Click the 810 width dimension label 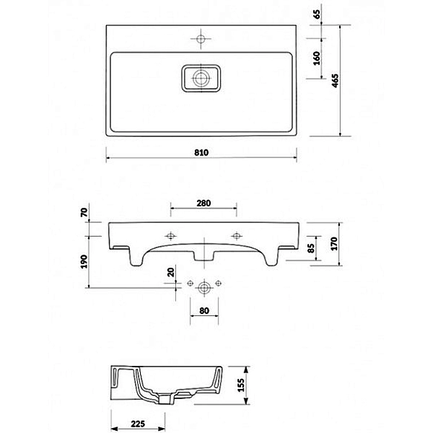(201, 152)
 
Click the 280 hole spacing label (204, 203)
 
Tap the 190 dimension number (84, 261)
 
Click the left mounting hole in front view (170, 235)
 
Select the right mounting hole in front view (237, 235)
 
